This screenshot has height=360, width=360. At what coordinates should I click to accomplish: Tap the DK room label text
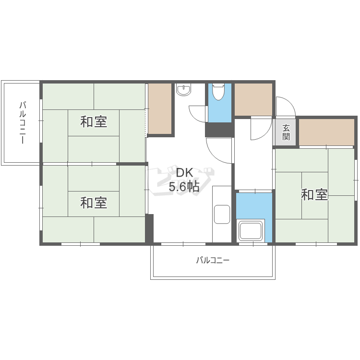click(184, 173)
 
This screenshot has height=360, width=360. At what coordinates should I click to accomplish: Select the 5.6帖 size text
click(184, 187)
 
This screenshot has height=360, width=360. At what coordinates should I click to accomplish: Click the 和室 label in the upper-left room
click(94, 122)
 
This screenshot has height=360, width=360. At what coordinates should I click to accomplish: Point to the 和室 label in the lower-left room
click(94, 203)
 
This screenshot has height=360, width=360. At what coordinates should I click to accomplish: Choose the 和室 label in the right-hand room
click(314, 195)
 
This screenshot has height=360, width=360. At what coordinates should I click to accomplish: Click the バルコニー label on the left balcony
click(22, 123)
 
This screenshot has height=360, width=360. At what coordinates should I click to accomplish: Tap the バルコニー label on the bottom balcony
click(213, 261)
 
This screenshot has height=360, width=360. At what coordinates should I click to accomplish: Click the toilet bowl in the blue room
click(218, 91)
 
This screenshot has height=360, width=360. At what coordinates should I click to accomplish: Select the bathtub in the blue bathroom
click(251, 231)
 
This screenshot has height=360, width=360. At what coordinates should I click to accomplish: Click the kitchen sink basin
click(222, 214)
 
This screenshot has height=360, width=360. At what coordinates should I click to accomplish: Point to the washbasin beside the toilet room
click(183, 89)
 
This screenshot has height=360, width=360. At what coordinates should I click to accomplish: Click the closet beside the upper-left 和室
click(159, 108)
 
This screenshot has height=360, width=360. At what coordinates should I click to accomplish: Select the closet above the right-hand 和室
click(326, 132)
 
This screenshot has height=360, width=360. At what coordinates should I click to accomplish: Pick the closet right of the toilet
click(253, 99)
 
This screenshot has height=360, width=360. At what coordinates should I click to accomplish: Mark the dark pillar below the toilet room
click(219, 130)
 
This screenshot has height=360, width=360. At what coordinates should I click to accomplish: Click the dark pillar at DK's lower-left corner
click(149, 228)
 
